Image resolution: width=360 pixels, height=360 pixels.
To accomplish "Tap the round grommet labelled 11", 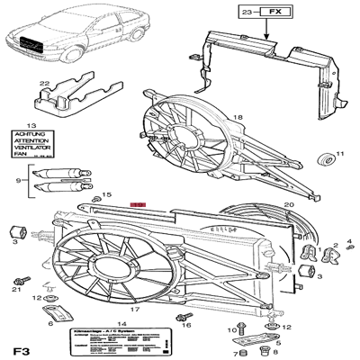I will (326, 160).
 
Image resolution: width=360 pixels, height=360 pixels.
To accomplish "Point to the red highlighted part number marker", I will (137, 206).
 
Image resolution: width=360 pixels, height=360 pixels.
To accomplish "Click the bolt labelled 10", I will (243, 328).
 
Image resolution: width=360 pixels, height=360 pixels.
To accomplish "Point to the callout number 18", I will (238, 118).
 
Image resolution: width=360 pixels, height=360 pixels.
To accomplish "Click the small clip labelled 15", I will (95, 198).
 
